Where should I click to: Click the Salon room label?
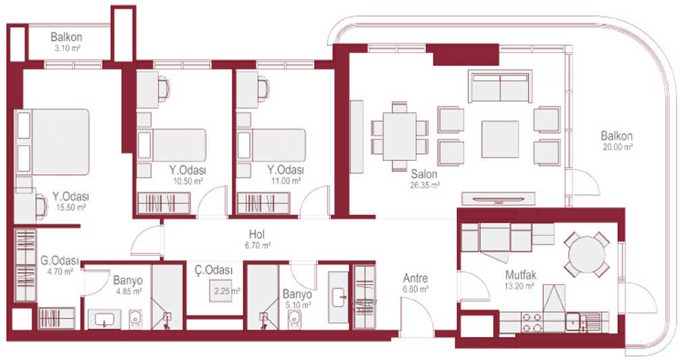(x=424, y=174)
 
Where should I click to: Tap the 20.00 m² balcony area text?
(x=618, y=147)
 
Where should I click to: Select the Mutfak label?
(x=521, y=275)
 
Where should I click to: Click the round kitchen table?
(x=587, y=255)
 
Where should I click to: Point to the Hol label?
(x=257, y=234)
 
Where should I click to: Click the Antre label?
(x=415, y=278)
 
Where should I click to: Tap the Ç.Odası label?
(x=213, y=270)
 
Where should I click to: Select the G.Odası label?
(x=60, y=261)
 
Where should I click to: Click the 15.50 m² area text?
(x=71, y=207)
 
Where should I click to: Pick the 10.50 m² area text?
(x=188, y=181)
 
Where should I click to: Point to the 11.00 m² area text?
(x=286, y=181)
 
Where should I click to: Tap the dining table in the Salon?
(x=399, y=136)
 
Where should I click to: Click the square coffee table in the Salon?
(x=500, y=139)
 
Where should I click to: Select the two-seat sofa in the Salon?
(x=500, y=86)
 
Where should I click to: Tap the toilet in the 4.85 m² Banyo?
(x=136, y=319)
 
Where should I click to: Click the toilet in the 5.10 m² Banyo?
(x=294, y=319)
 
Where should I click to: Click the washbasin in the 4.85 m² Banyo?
(x=105, y=319)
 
